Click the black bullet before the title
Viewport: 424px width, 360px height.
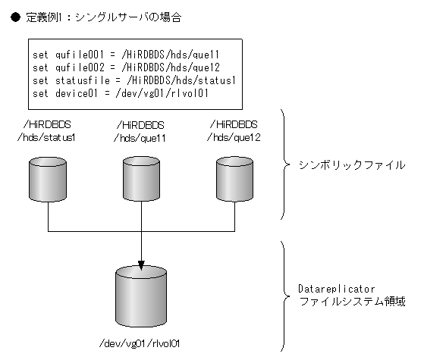[x=15, y=16]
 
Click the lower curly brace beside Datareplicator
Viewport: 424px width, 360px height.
[x=284, y=296]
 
